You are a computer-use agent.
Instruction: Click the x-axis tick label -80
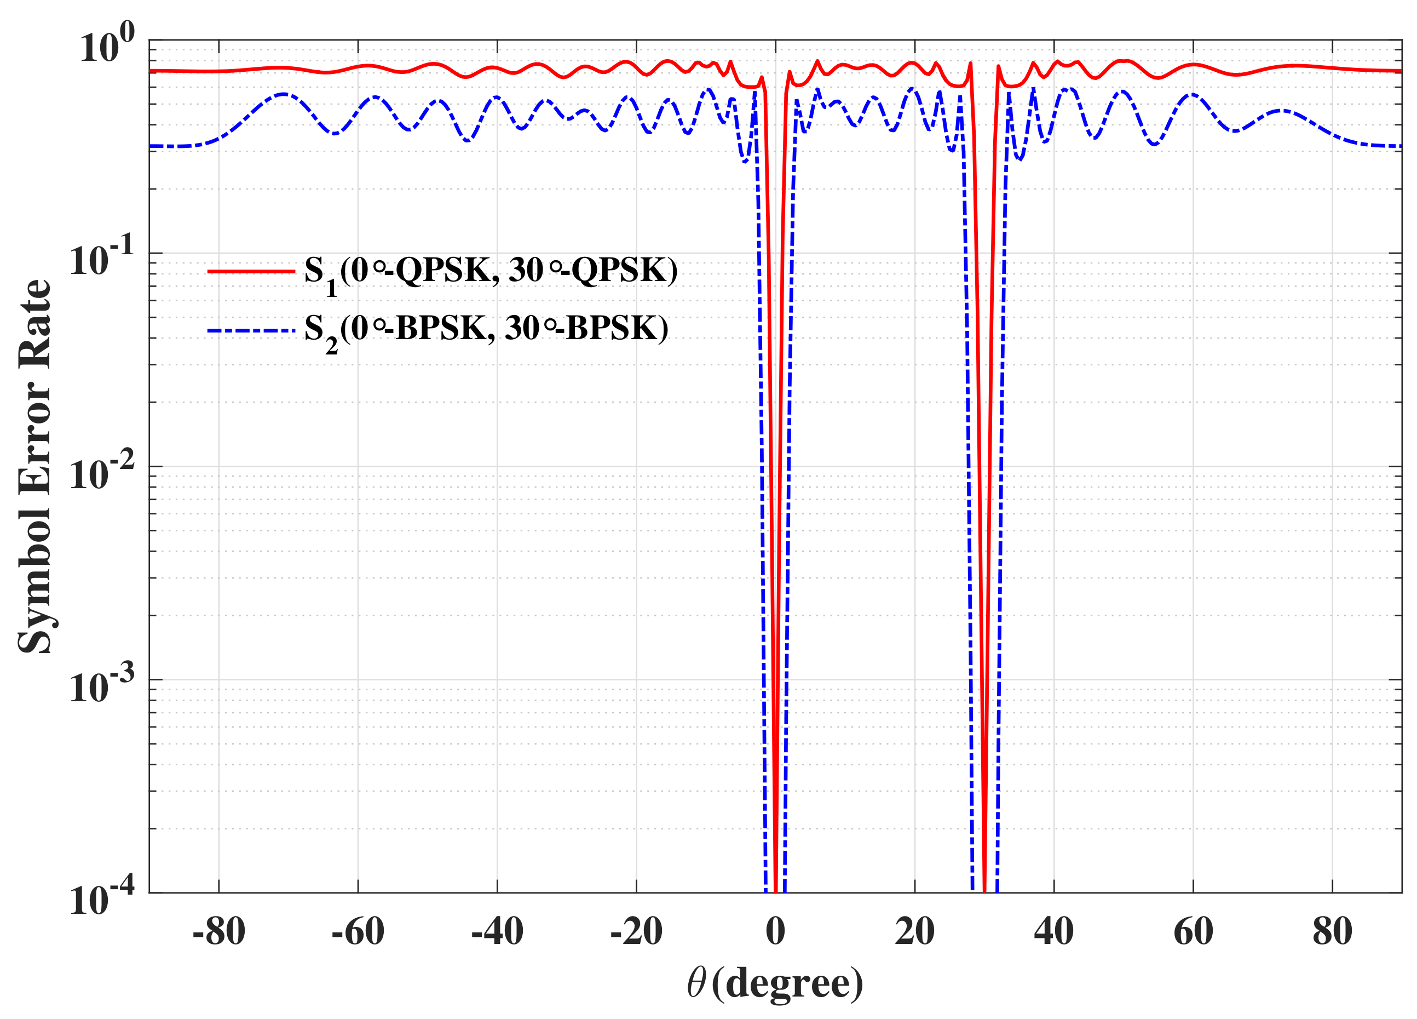click(218, 931)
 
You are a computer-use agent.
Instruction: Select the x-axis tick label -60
click(358, 931)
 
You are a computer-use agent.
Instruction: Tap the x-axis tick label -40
click(497, 931)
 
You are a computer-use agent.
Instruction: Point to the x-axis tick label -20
click(636, 931)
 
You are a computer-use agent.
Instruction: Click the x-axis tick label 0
click(775, 931)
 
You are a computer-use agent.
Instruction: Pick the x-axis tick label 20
click(915, 931)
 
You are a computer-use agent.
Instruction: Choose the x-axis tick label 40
click(1054, 931)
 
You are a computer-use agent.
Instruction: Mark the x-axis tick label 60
click(1193, 931)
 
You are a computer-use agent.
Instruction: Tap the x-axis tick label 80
click(1332, 931)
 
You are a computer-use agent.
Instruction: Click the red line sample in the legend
click(251, 271)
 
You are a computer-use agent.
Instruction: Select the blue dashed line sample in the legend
click(251, 329)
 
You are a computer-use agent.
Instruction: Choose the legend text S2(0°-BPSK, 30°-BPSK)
click(486, 331)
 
